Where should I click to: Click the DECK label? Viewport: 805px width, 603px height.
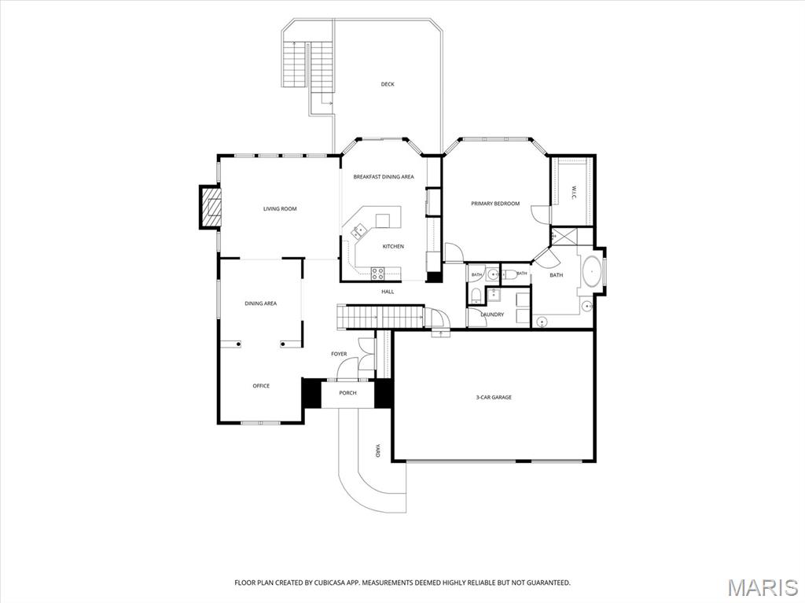(x=388, y=84)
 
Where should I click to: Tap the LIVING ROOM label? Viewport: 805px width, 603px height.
(x=280, y=208)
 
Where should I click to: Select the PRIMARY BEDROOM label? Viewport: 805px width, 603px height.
(x=495, y=204)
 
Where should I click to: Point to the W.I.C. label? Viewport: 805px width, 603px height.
(x=574, y=193)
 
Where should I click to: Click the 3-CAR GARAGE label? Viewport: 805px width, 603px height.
(x=494, y=397)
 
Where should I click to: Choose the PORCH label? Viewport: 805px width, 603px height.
(x=347, y=393)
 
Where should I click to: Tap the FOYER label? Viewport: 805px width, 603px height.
(x=339, y=354)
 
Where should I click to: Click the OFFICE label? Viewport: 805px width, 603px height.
(x=261, y=386)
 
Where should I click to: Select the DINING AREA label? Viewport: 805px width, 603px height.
(x=261, y=303)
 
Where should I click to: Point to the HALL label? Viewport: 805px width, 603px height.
(x=388, y=292)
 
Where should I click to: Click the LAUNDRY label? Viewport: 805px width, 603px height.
(x=492, y=314)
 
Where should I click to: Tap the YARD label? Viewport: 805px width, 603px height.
(x=377, y=450)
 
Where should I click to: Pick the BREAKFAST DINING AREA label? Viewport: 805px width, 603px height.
(x=384, y=177)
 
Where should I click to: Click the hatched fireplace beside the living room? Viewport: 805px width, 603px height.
(x=210, y=207)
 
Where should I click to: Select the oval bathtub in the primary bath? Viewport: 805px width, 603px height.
(x=593, y=270)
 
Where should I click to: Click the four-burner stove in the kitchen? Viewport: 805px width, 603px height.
(x=378, y=274)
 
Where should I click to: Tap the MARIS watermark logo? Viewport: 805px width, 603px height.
(x=763, y=587)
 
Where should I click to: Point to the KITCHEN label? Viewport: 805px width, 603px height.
(x=393, y=247)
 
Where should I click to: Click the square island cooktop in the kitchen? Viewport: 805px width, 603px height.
(x=383, y=220)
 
